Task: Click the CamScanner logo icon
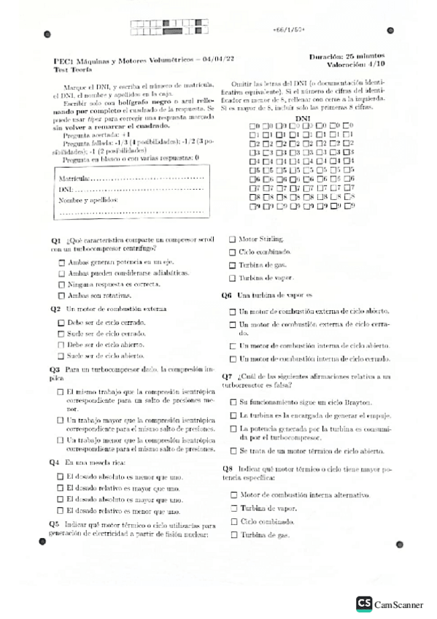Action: [x=363, y=604]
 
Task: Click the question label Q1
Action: [x=55, y=240]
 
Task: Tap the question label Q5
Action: [x=54, y=524]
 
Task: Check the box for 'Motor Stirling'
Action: [x=233, y=239]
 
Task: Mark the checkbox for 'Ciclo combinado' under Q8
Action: [x=233, y=522]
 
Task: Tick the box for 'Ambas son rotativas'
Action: [x=61, y=295]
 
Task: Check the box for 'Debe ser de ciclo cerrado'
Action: [x=61, y=321]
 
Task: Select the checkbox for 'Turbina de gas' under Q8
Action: [x=233, y=535]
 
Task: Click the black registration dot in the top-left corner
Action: [x=47, y=34]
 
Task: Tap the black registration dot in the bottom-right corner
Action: [x=400, y=544]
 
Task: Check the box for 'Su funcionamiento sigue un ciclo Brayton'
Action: [x=233, y=402]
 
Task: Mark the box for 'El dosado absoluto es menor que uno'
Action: [x=61, y=477]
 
